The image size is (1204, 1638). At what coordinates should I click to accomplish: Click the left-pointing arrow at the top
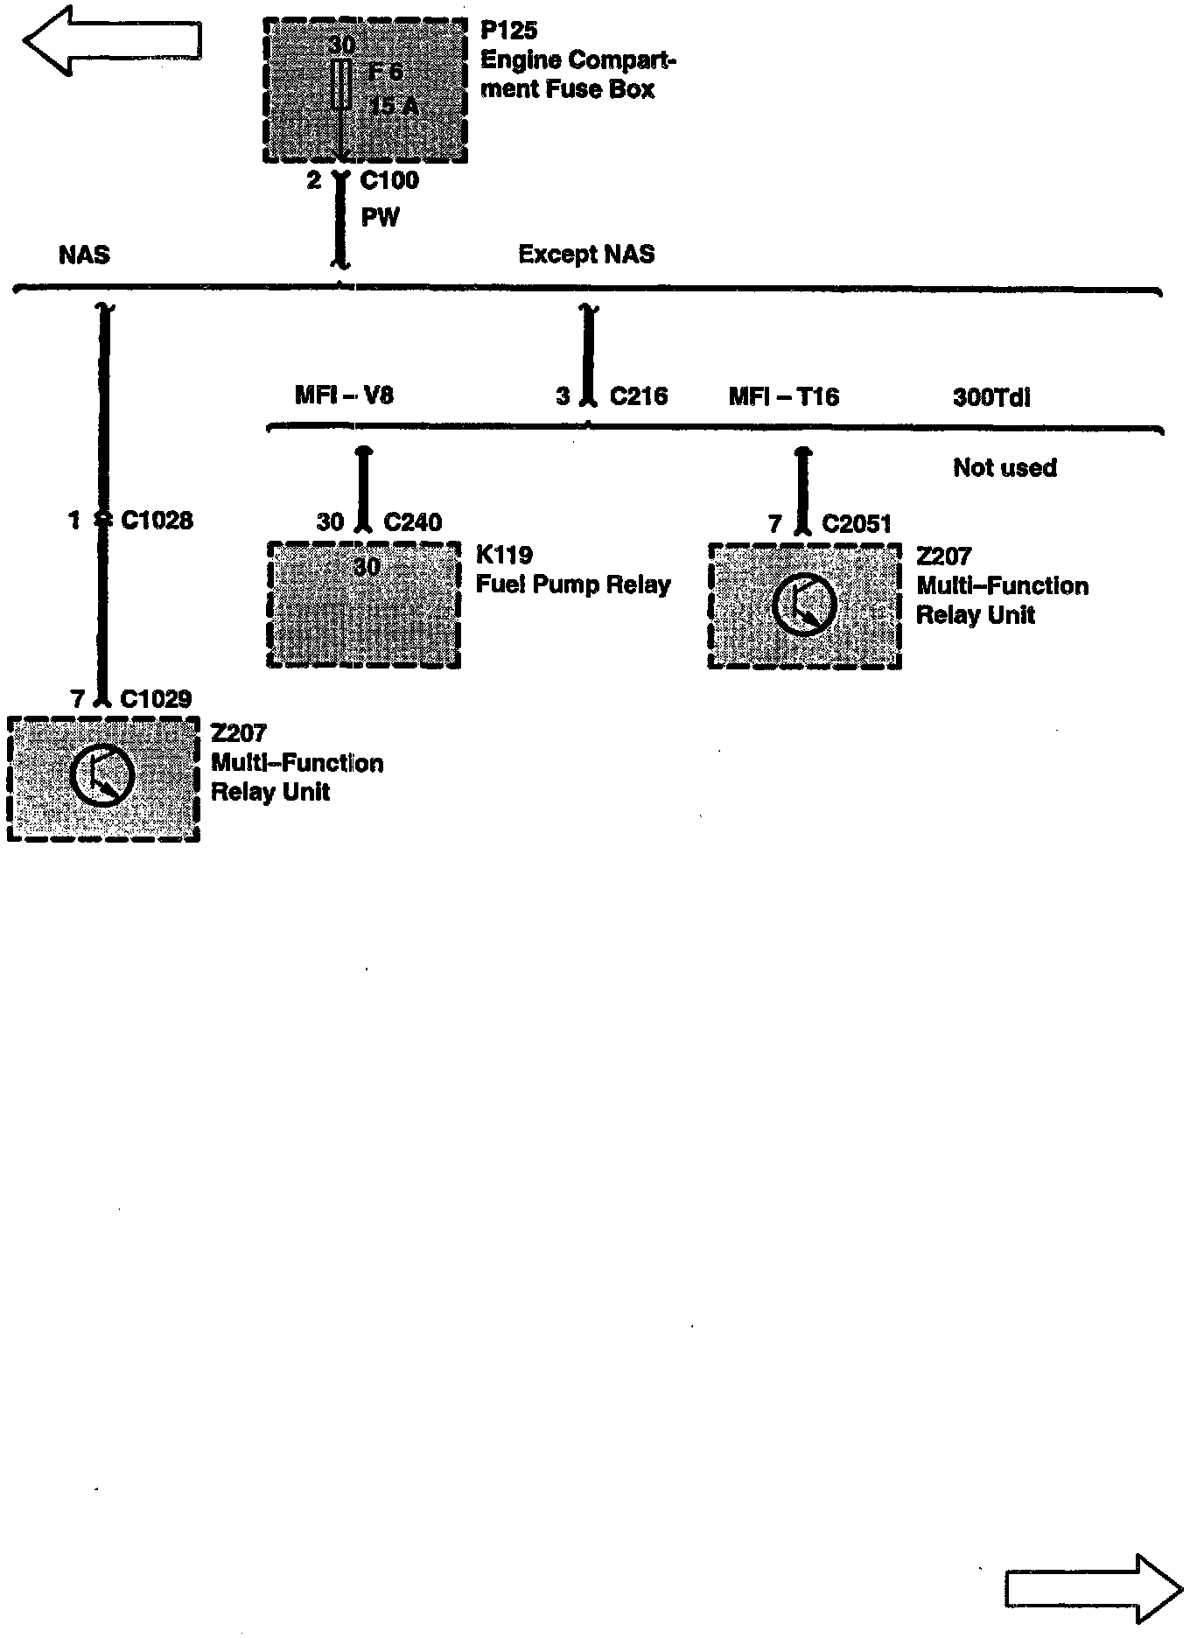[112, 40]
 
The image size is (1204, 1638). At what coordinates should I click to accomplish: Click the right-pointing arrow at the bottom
[1094, 1588]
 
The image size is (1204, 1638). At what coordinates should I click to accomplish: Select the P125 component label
[509, 31]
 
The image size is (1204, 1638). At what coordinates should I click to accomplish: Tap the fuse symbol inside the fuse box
[343, 85]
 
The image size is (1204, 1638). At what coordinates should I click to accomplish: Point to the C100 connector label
[389, 181]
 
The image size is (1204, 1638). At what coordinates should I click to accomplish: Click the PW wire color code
[381, 217]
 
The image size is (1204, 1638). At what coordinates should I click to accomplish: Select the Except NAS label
[586, 255]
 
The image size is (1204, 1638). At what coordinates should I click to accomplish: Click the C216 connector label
[638, 396]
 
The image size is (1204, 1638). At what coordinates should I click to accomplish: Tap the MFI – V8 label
[344, 395]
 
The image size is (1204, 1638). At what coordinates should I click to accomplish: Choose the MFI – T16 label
[784, 397]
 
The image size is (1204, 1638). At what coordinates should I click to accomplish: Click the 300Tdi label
[991, 398]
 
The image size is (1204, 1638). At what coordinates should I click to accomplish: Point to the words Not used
[1004, 468]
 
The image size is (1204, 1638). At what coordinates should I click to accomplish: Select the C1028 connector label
[157, 521]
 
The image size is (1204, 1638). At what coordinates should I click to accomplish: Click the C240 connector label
[413, 522]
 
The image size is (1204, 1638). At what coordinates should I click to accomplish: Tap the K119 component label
[504, 555]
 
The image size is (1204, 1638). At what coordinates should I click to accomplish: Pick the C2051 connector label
[857, 524]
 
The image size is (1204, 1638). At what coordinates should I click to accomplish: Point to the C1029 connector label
[156, 699]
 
